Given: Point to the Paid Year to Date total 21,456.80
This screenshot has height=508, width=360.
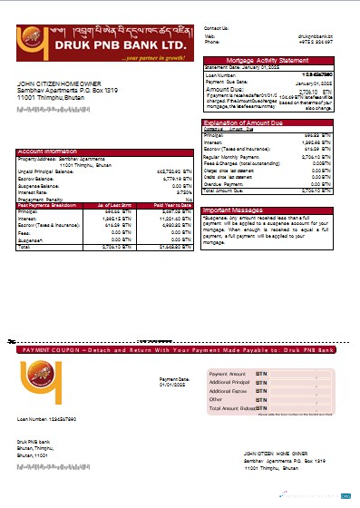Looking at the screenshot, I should (x=176, y=246).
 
